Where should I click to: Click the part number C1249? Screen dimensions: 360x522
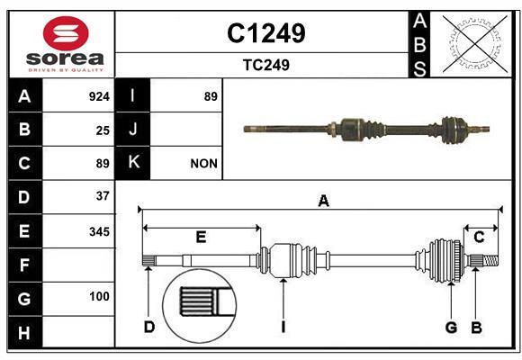(265, 33)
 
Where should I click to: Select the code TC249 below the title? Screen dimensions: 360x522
(265, 65)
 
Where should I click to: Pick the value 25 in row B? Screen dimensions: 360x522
(103, 130)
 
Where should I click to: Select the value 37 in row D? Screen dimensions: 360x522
(103, 195)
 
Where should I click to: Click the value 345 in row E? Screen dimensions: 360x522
(99, 231)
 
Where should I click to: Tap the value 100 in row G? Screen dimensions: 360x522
(99, 296)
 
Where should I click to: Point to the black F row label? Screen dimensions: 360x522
(24, 265)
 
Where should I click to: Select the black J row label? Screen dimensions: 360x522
(133, 130)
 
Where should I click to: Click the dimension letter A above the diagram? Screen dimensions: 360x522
(323, 202)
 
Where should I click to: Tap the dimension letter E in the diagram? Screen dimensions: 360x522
(202, 237)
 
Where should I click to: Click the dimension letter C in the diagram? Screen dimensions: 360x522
(480, 237)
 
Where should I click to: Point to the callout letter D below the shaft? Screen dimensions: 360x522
(149, 327)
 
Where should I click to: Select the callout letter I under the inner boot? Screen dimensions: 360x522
(283, 327)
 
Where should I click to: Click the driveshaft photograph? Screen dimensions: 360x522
(367, 129)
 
